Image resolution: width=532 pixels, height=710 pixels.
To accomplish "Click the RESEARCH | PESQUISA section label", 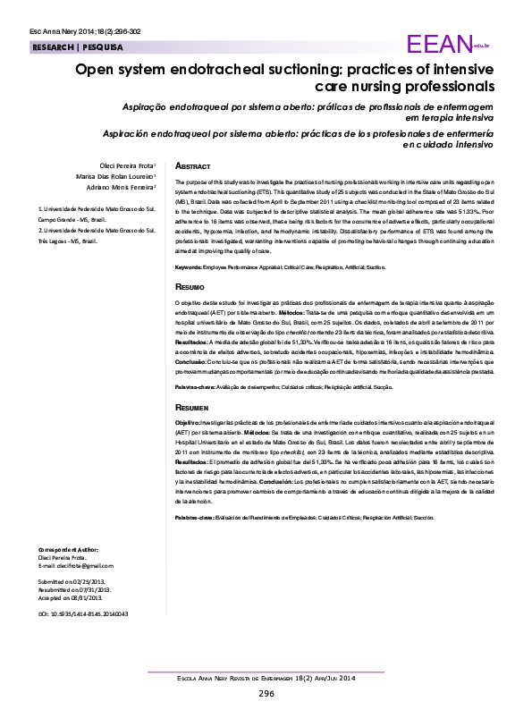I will [x=78, y=46].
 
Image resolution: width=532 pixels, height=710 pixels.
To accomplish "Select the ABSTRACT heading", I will [x=193, y=166].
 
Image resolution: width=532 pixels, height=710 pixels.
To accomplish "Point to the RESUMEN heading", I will [x=193, y=406].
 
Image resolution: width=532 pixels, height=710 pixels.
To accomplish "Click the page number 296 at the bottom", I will [x=266, y=694].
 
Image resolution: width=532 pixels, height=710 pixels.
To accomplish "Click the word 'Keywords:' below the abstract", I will [x=188, y=267].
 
